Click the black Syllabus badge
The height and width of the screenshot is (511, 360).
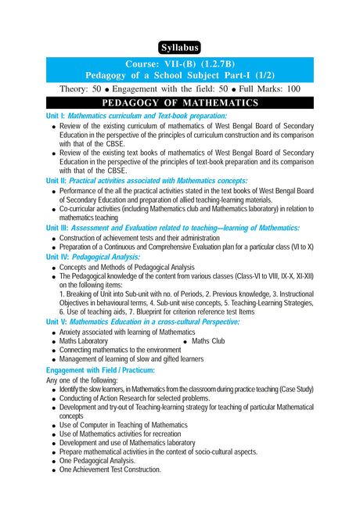180,46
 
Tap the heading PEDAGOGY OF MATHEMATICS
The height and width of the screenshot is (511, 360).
180,103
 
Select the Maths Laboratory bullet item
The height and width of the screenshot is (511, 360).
84,341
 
